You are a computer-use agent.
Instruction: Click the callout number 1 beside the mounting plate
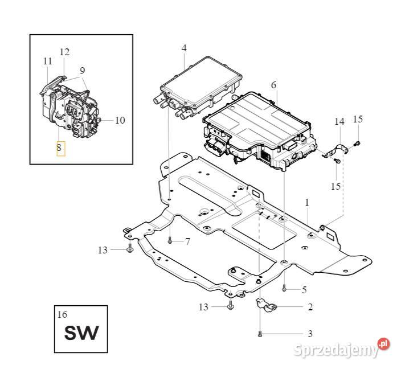pyautogui.click(x=307, y=202)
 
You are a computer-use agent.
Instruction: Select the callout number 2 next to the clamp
pyautogui.click(x=310, y=307)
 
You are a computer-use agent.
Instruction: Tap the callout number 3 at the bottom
pyautogui.click(x=310, y=333)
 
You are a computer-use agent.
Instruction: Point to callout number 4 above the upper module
pyautogui.click(x=184, y=48)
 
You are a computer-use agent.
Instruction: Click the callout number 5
pyautogui.click(x=304, y=290)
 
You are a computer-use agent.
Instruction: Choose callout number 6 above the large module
pyautogui.click(x=273, y=85)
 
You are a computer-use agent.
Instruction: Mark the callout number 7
pyautogui.click(x=187, y=242)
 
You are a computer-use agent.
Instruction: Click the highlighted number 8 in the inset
pyautogui.click(x=60, y=148)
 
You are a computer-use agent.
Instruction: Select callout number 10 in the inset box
pyautogui.click(x=120, y=120)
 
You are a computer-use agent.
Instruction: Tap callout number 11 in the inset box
pyautogui.click(x=47, y=61)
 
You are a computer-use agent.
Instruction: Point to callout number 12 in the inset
pyautogui.click(x=64, y=52)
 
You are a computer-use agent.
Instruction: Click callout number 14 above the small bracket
pyautogui.click(x=339, y=121)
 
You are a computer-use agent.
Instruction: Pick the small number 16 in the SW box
pyautogui.click(x=62, y=314)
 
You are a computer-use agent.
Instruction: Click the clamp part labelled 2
pyautogui.click(x=265, y=306)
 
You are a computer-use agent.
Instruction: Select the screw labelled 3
pyautogui.click(x=260, y=333)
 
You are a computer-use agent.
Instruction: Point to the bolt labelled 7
pyautogui.click(x=170, y=241)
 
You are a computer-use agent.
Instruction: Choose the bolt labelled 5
pyautogui.click(x=284, y=289)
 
